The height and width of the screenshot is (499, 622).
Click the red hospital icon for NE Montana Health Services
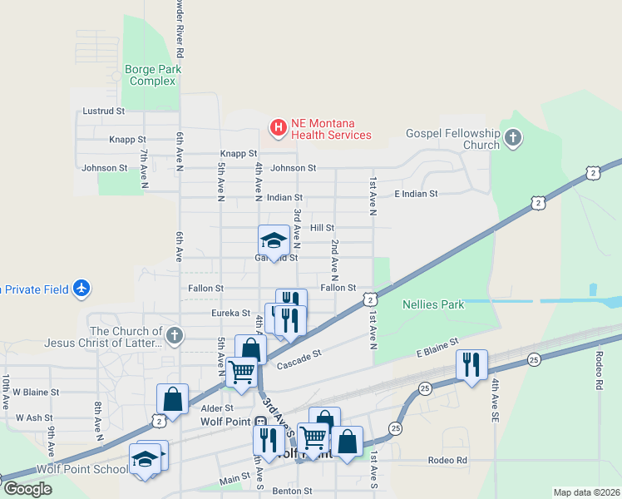tap(278, 127)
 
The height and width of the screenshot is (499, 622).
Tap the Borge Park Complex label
tap(151, 75)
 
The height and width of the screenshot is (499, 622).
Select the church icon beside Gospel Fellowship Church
tap(513, 137)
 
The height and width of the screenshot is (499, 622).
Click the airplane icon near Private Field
tap(81, 289)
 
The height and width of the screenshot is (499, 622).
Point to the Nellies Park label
tap(432, 304)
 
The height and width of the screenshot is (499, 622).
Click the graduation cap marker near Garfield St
tap(274, 240)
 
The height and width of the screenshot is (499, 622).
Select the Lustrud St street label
tap(103, 111)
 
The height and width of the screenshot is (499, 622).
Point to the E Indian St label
tap(416, 194)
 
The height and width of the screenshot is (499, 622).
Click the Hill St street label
tap(322, 227)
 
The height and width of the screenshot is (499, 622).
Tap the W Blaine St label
tap(37, 392)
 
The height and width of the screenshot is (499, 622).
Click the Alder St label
tap(217, 408)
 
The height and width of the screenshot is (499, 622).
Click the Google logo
tap(27, 488)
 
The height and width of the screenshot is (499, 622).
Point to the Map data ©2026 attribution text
tap(587, 492)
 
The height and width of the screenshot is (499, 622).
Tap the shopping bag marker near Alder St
tap(172, 398)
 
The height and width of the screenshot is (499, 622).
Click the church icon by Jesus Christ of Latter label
tap(174, 336)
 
